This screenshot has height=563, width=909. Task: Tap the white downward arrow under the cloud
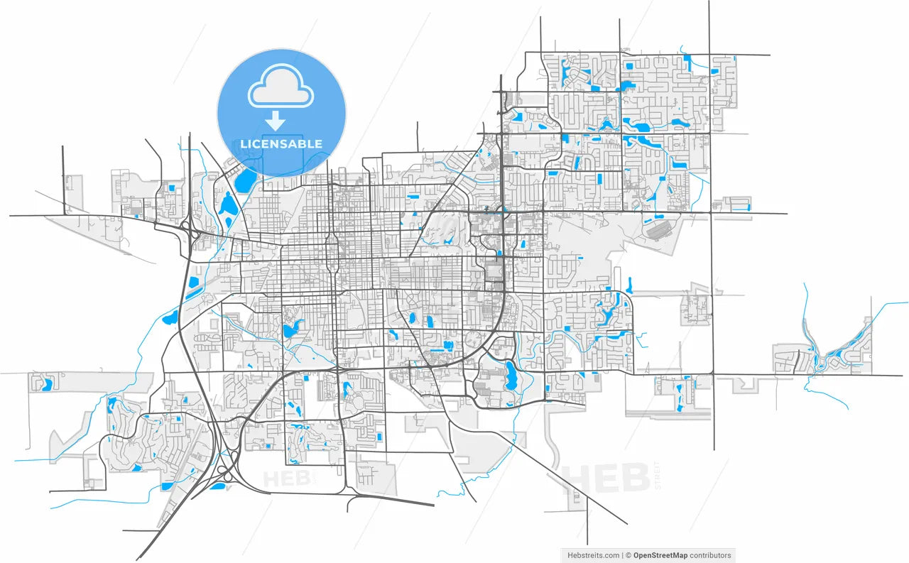coord(275,120)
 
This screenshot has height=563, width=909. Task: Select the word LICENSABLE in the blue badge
coord(281,144)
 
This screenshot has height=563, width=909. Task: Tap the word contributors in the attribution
coord(711,555)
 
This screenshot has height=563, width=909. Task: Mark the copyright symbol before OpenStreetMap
coord(628,555)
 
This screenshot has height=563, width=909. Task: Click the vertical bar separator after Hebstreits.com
coord(621,555)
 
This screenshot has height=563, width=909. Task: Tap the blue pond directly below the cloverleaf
coord(217,487)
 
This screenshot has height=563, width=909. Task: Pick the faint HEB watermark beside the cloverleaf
coord(288,479)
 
